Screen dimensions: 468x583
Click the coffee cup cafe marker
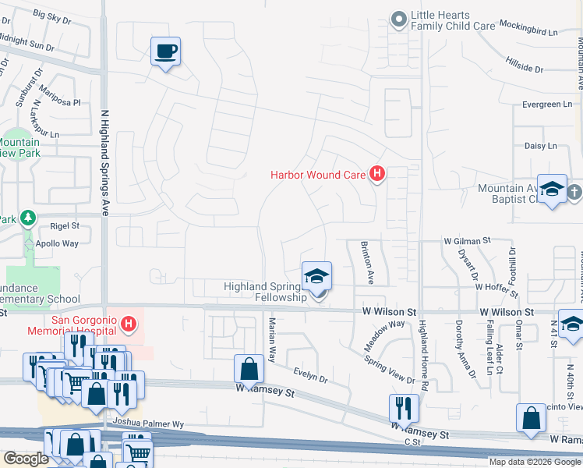(x=165, y=51)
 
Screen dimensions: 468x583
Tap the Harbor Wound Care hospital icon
(x=377, y=174)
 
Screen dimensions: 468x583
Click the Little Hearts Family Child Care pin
(x=399, y=19)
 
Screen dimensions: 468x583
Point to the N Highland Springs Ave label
(x=103, y=155)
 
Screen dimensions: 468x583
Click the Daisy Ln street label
(x=541, y=146)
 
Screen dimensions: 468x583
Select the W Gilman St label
(x=467, y=242)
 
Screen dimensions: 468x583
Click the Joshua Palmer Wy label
(x=147, y=424)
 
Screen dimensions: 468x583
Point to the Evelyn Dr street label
(x=311, y=376)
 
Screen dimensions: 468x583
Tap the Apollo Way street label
(x=58, y=244)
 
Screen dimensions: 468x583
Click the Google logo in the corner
(x=26, y=459)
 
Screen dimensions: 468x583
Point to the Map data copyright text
(x=535, y=461)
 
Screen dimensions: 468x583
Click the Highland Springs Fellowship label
(x=266, y=292)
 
